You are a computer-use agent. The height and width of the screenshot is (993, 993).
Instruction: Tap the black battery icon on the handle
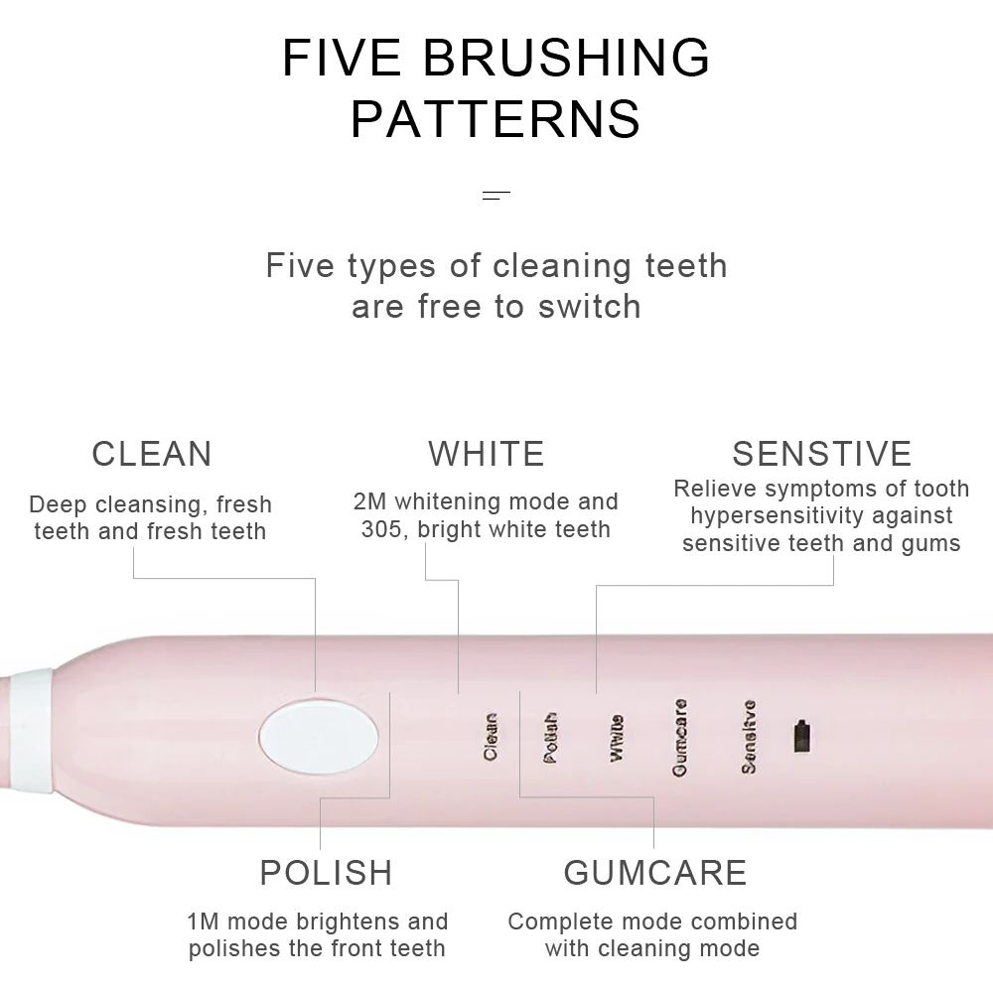tap(802, 737)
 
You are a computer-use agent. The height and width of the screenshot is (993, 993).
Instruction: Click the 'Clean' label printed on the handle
tap(491, 737)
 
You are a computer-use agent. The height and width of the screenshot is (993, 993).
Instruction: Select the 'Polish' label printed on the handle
tap(551, 737)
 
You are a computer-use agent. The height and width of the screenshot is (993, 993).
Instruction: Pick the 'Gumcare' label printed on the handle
tap(680, 737)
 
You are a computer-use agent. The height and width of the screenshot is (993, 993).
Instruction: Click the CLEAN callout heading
tap(152, 454)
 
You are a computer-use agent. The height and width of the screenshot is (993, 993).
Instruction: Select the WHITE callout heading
tap(487, 454)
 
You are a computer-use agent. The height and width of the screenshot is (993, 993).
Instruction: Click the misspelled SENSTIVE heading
tap(821, 454)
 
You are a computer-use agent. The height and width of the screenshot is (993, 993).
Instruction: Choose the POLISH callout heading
tap(326, 873)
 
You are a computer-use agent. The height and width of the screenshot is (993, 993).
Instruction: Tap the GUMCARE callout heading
tap(655, 873)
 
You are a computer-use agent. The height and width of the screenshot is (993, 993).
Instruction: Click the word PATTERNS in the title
tap(496, 119)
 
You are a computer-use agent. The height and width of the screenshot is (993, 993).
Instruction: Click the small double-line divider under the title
tap(496, 196)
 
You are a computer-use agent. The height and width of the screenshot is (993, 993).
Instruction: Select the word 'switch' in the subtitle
tap(590, 306)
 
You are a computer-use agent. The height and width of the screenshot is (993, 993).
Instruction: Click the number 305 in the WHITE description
tap(380, 528)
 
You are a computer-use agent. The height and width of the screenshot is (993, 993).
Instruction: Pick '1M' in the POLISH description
tap(204, 922)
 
